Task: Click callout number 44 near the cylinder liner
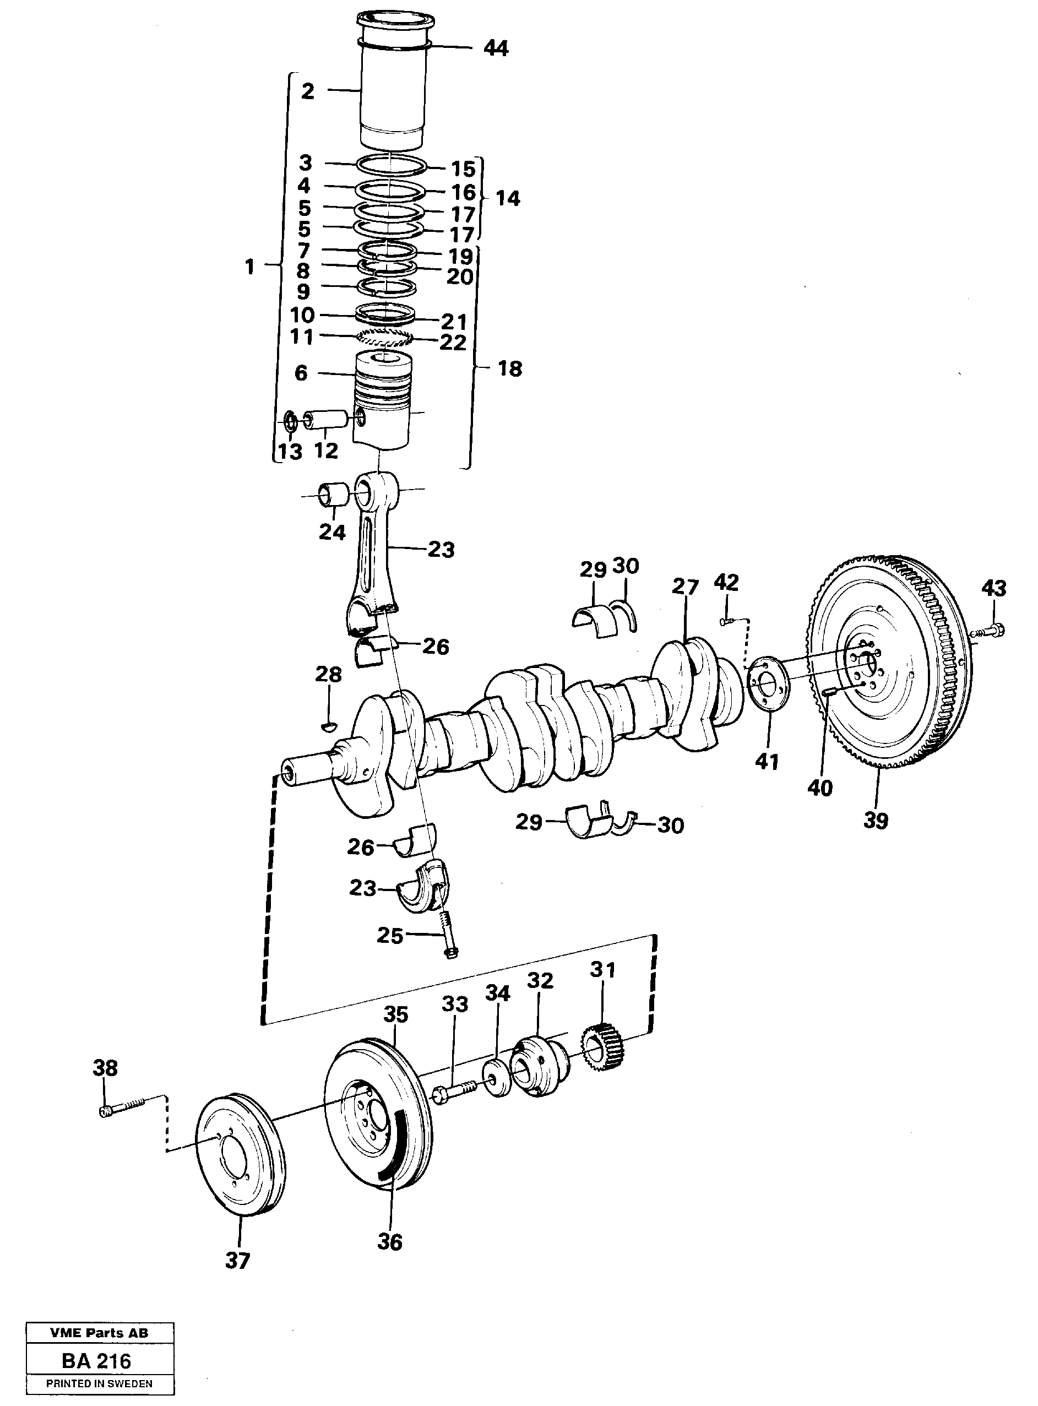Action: (x=496, y=48)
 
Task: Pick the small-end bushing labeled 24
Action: (x=334, y=495)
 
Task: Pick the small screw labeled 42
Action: (x=727, y=621)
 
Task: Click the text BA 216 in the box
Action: (x=97, y=1361)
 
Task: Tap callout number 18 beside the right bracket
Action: (x=509, y=369)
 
